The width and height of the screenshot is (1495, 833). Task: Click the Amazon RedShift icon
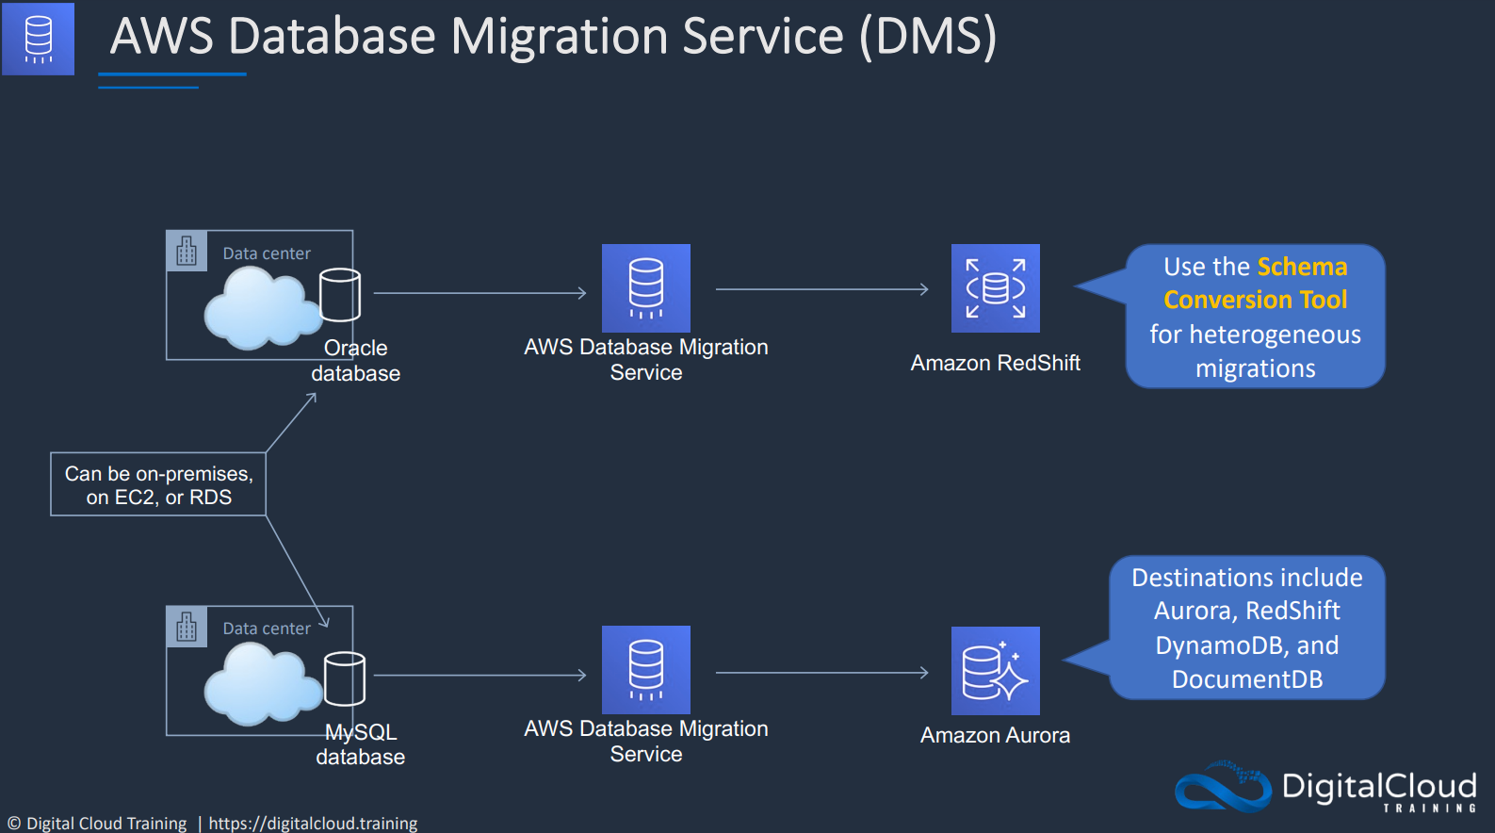coord(995,288)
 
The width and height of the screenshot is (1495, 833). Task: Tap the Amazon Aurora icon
coord(995,670)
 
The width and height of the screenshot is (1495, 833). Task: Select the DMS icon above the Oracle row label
coord(646,288)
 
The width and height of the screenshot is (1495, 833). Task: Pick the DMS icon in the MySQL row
coord(646,670)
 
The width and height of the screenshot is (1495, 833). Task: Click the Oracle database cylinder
coord(340,294)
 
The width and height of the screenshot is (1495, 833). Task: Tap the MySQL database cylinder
coord(345,678)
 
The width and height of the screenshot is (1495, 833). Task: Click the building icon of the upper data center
coord(187,251)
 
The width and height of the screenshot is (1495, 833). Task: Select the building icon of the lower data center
coord(187,627)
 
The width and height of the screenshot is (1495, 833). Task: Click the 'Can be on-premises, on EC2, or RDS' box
coord(158,484)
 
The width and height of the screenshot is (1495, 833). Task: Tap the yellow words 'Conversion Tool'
coord(1256,300)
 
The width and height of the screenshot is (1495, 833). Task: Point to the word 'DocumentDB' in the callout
coord(1247,678)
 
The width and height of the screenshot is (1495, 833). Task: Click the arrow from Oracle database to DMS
coord(479,293)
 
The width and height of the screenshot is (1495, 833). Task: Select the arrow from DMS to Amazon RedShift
coord(822,289)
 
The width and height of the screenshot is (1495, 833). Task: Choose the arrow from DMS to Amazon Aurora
coord(822,672)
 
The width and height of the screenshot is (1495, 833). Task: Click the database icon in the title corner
coord(38,39)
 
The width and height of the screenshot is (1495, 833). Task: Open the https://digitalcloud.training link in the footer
coord(313,823)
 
